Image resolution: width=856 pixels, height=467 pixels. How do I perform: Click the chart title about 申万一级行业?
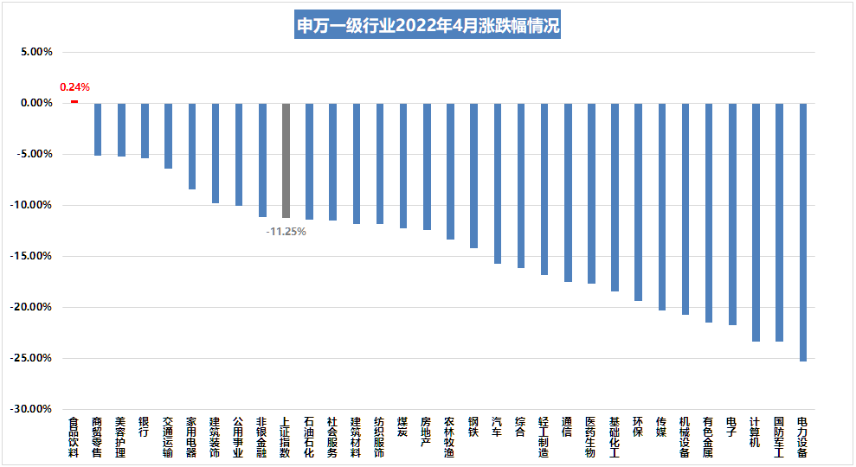[x=428, y=25]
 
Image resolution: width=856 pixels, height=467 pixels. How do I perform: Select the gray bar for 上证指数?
[x=286, y=160]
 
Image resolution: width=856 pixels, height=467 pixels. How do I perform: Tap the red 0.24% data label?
[x=74, y=87]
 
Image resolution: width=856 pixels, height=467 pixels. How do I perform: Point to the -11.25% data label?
[x=286, y=232]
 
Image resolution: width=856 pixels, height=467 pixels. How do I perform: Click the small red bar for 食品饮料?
[x=74, y=101]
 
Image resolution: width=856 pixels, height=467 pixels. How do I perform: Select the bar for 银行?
[x=145, y=130]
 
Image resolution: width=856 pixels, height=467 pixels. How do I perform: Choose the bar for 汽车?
[x=498, y=182]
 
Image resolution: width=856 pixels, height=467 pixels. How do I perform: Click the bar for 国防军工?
[x=779, y=221]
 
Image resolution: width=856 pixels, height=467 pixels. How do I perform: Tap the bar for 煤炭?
[x=403, y=165]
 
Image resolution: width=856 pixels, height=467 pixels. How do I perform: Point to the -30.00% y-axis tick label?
[x=33, y=409]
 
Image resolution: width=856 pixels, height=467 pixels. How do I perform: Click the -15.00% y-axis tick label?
[x=33, y=256]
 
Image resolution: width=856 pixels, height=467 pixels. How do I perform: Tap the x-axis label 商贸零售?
[x=97, y=437]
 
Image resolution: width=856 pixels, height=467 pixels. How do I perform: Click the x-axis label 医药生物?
[x=591, y=437]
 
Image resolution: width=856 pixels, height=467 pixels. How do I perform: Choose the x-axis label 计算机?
[x=756, y=432]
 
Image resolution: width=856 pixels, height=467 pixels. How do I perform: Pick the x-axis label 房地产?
[x=426, y=432]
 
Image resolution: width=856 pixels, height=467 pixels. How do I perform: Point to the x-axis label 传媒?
[x=661, y=426]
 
